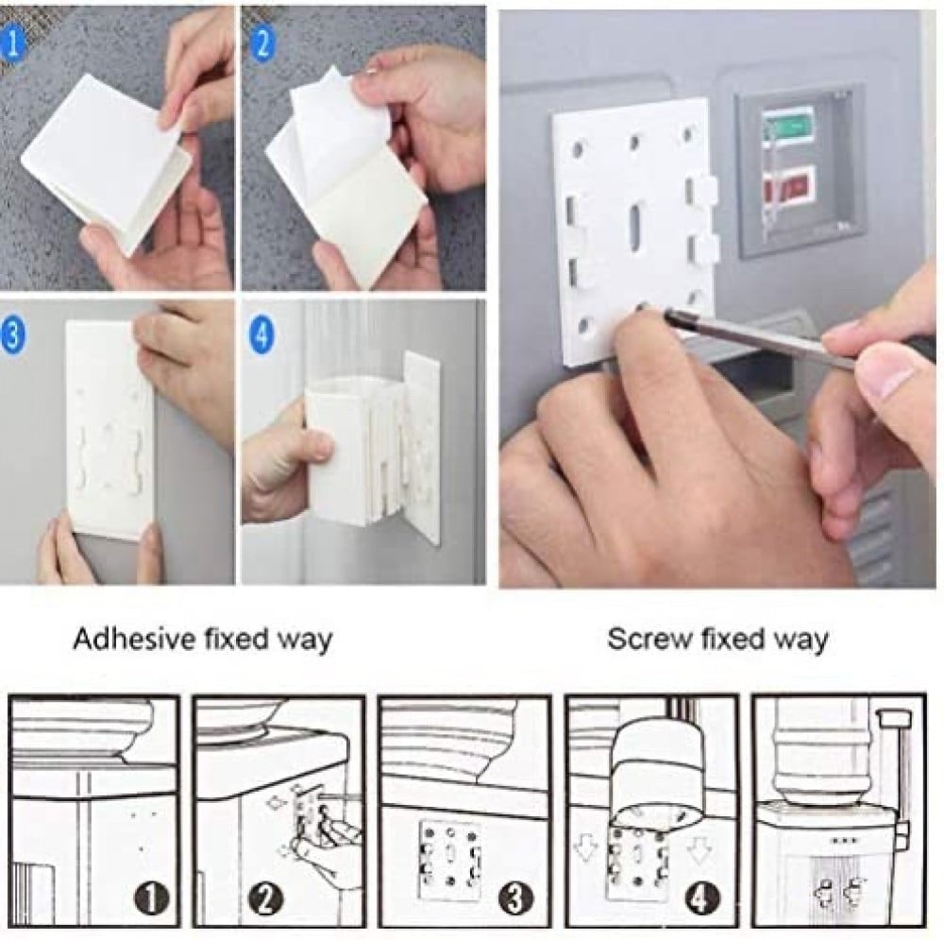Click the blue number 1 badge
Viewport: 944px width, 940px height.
[x=10, y=43]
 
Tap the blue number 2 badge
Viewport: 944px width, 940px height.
[x=261, y=43]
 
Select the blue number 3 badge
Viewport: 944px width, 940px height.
[x=13, y=333]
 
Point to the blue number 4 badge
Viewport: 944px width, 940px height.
[x=261, y=333]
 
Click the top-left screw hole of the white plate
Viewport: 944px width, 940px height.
[x=580, y=147]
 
